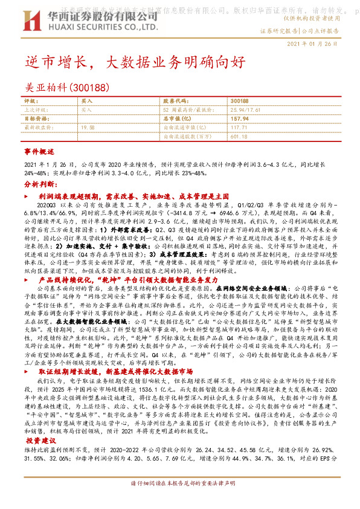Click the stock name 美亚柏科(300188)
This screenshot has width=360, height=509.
[x=68, y=87]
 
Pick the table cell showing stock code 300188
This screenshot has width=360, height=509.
[x=239, y=101]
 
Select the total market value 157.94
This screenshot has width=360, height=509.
[x=240, y=119]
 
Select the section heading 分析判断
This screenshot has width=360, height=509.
[x=39, y=183]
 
